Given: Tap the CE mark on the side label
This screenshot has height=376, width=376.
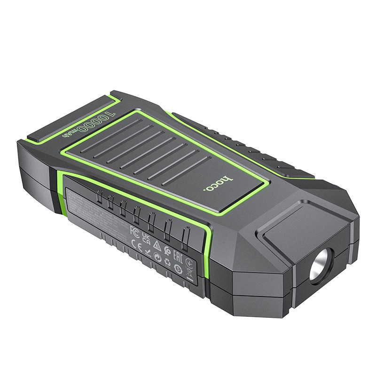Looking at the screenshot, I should coord(133,244).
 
